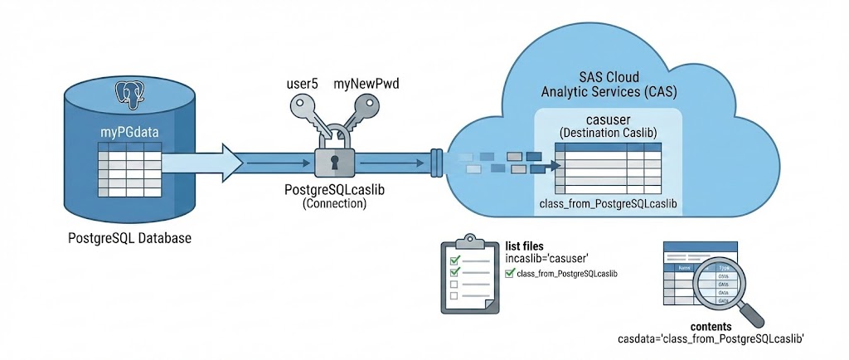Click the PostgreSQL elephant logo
coord(131,93)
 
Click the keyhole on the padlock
coord(334,161)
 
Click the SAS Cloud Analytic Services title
coord(599,83)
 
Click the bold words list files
coord(525,246)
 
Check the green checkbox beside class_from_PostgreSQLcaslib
coord(509,273)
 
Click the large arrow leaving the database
coord(207,162)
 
